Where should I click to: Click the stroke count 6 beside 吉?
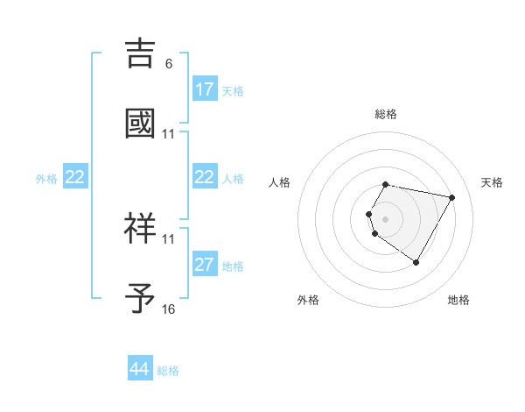click(x=169, y=63)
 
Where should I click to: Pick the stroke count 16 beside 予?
click(x=169, y=309)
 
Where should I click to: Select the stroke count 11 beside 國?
click(x=169, y=133)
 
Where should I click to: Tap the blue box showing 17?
click(x=204, y=89)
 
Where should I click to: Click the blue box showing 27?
click(x=204, y=265)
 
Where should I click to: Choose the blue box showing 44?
click(x=139, y=369)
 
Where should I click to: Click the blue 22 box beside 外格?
click(x=74, y=178)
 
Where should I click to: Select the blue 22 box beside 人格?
click(x=204, y=178)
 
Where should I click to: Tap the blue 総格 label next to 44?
click(x=168, y=371)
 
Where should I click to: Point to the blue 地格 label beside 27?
click(x=233, y=266)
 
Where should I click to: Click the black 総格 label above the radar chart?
click(x=386, y=114)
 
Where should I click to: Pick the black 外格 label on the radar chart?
click(x=308, y=300)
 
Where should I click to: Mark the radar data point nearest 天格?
click(x=451, y=198)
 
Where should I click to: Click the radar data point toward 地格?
click(x=416, y=262)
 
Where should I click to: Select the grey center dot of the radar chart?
click(x=386, y=219)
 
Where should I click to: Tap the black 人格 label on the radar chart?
click(x=280, y=182)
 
